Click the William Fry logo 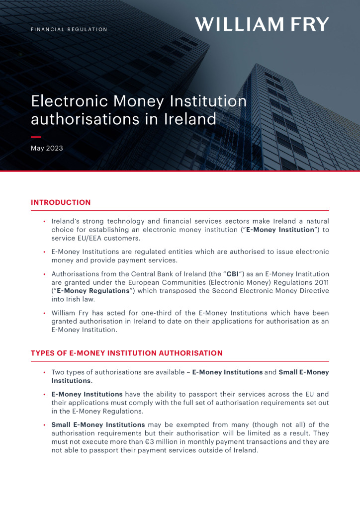262,24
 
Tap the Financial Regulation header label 69,29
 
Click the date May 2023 47,148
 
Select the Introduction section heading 61,202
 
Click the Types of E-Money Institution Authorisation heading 127,353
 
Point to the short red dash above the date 36,137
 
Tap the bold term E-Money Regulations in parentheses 90,291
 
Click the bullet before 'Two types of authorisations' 44,372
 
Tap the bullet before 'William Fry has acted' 44,314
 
